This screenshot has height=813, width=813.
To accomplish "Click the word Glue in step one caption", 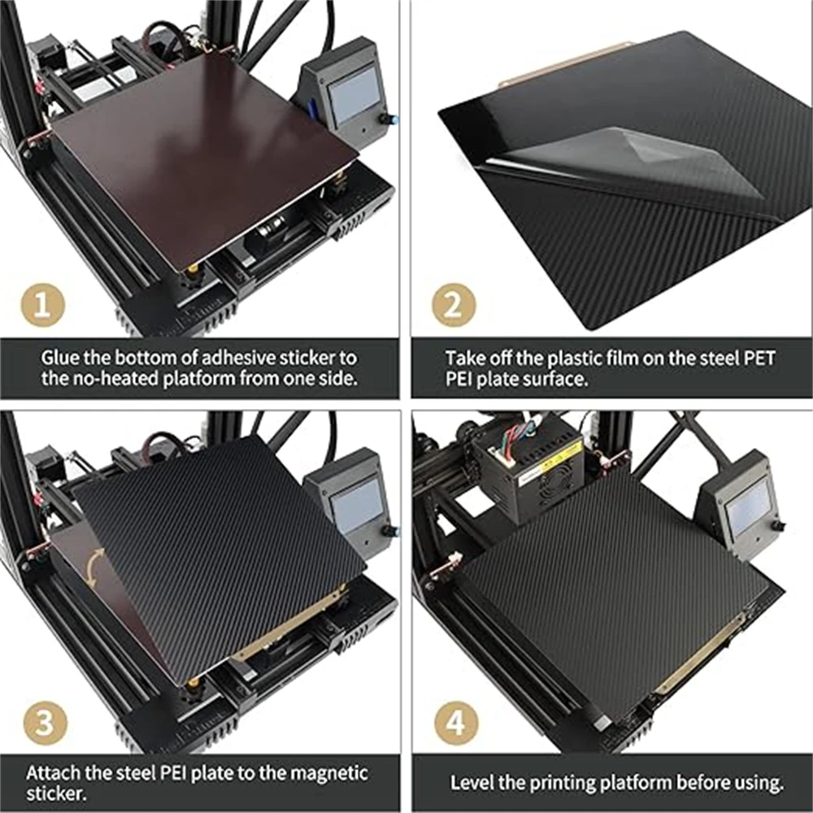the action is [x=60, y=357].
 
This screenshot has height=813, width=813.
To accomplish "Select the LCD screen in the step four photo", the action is [x=748, y=505].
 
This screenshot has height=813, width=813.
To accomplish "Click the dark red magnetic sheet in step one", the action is [x=203, y=163].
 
